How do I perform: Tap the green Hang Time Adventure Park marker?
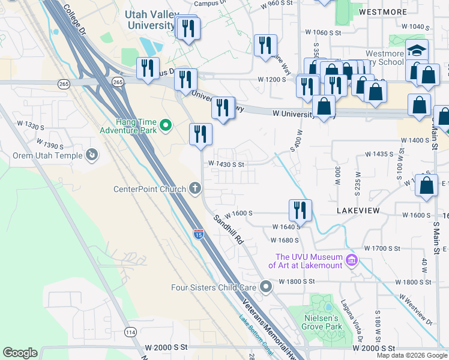167,125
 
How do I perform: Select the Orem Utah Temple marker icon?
92,156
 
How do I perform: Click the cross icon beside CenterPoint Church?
194,189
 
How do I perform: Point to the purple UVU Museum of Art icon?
352,260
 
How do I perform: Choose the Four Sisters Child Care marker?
266,287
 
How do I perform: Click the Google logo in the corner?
20,353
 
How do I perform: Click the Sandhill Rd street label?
228,230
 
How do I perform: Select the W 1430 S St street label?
226,164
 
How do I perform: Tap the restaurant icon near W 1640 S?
300,210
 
